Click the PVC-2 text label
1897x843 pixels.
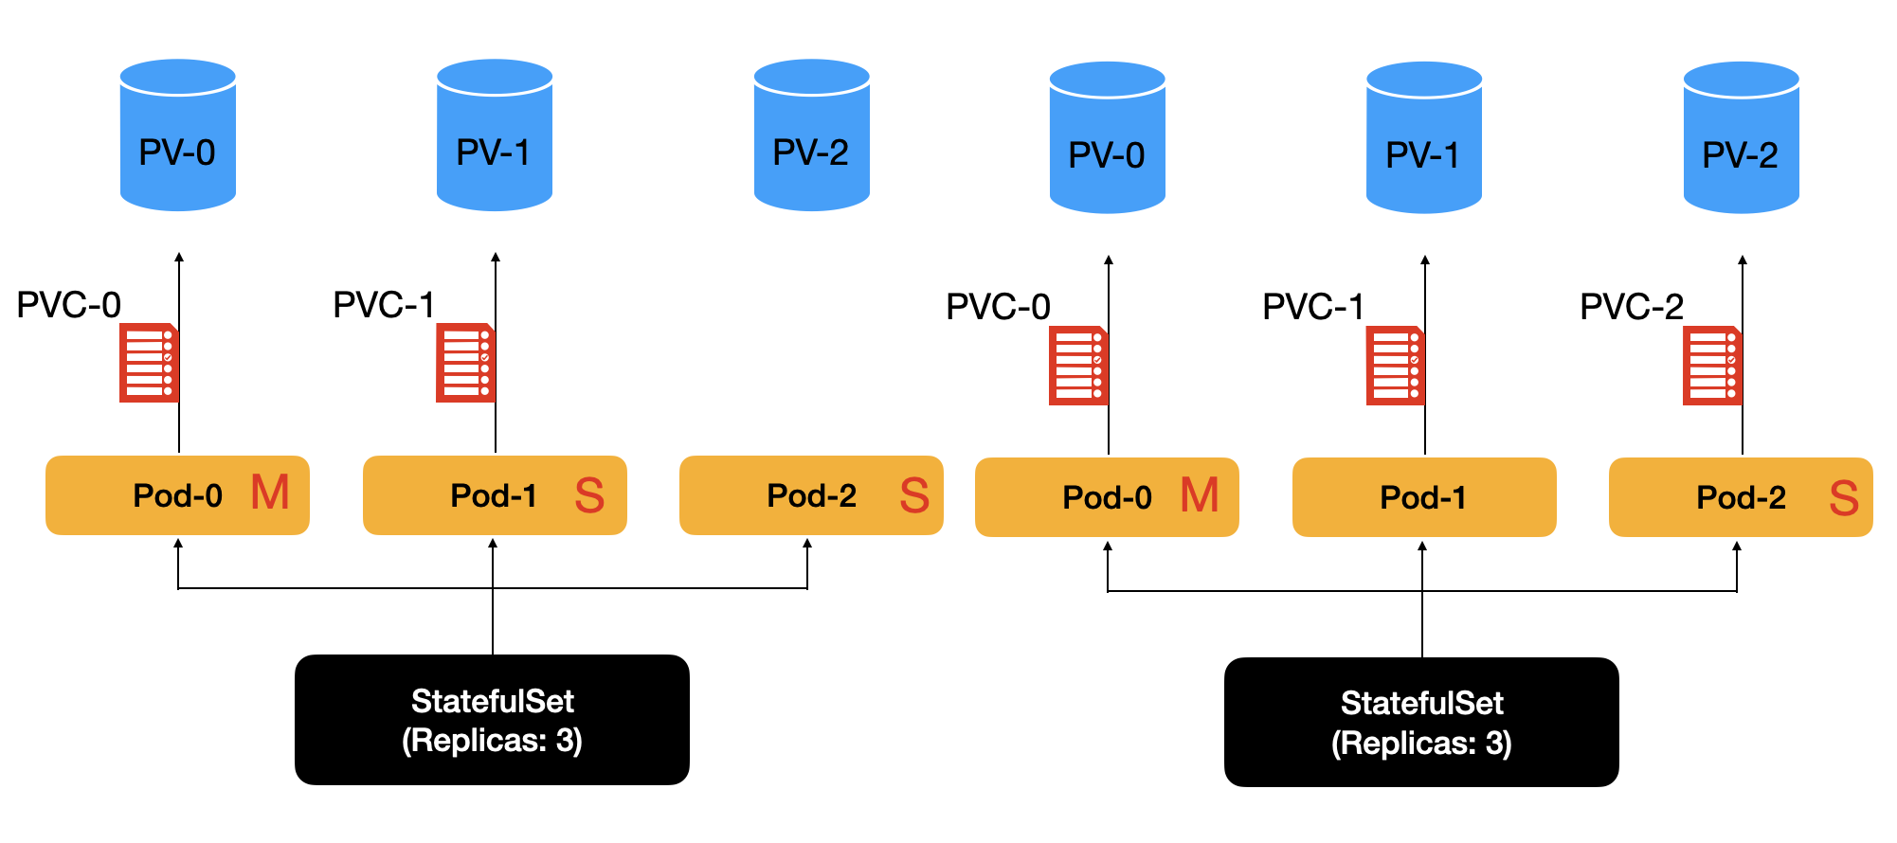pyautogui.click(x=1631, y=307)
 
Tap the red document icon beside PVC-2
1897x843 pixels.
pyautogui.click(x=1711, y=366)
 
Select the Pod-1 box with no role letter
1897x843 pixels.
pyautogui.click(x=1423, y=497)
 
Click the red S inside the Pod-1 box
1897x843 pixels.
pyautogui.click(x=589, y=495)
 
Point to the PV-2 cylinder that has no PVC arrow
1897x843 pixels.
pyautogui.click(x=811, y=135)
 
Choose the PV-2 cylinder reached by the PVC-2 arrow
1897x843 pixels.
pyautogui.click(x=1741, y=138)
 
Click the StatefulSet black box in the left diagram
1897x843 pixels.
pyautogui.click(x=492, y=720)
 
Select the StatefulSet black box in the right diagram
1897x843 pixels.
pyautogui.click(x=1421, y=723)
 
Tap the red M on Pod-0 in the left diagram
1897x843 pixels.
pyautogui.click(x=270, y=493)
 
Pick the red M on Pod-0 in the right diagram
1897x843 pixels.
pyautogui.click(x=1200, y=495)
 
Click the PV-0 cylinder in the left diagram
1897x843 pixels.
pyautogui.click(x=178, y=135)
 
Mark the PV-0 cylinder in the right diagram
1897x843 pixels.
pyautogui.click(x=1107, y=138)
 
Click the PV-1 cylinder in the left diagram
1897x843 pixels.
pyautogui.click(x=494, y=135)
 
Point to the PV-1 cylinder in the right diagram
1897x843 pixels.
pyautogui.click(x=1423, y=138)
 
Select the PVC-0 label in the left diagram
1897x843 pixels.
pyautogui.click(x=69, y=305)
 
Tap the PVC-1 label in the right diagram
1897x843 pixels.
pyautogui.click(x=1313, y=307)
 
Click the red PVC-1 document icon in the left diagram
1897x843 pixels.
pyautogui.click(x=464, y=363)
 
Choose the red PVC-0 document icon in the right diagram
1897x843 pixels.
pyautogui.click(x=1077, y=366)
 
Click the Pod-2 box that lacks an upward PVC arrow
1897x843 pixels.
pyautogui.click(x=811, y=495)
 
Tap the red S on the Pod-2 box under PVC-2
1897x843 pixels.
pyautogui.click(x=1844, y=498)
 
